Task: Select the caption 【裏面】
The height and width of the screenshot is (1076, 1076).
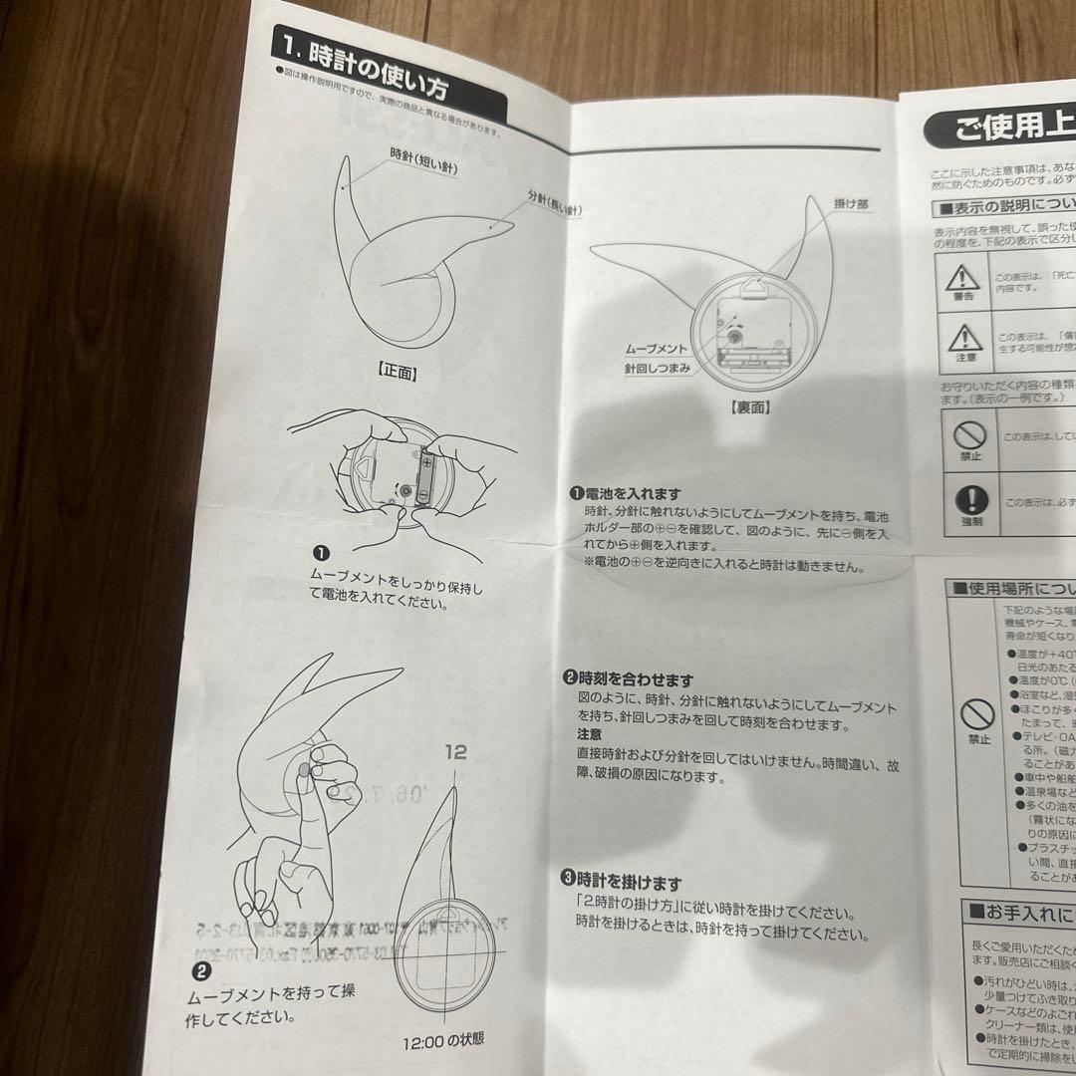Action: (x=749, y=407)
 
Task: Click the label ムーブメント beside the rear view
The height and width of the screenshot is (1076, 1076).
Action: (x=658, y=350)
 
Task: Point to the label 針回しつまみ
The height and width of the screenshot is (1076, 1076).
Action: (x=658, y=368)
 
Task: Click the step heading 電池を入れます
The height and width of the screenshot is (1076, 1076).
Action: (x=632, y=493)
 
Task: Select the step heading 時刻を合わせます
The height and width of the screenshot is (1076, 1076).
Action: (x=634, y=679)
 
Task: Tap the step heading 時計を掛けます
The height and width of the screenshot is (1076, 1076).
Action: (x=628, y=882)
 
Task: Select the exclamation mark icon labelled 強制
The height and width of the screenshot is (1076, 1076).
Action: (x=970, y=500)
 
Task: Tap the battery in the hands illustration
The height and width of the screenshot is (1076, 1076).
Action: (x=425, y=479)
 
